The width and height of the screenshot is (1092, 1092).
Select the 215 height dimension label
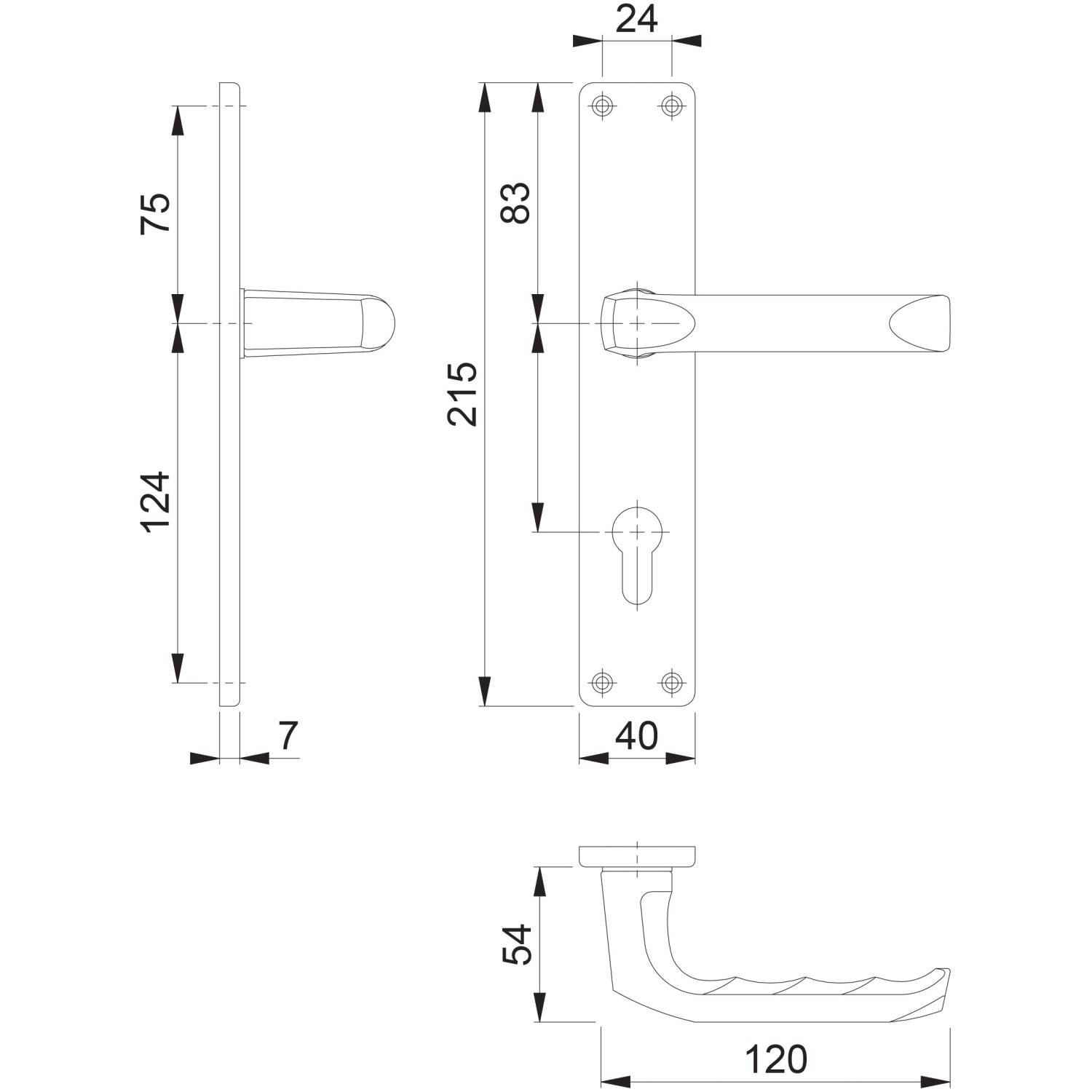[x=462, y=393]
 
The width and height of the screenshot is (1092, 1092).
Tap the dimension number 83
[x=516, y=202]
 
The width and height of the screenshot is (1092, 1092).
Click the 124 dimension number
[x=155, y=502]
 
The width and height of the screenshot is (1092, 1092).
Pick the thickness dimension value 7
[x=288, y=736]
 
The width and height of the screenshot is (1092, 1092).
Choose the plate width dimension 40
[x=636, y=736]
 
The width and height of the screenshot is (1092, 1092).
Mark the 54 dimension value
[x=518, y=944]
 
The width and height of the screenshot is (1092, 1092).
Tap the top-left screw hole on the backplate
[x=601, y=106]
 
